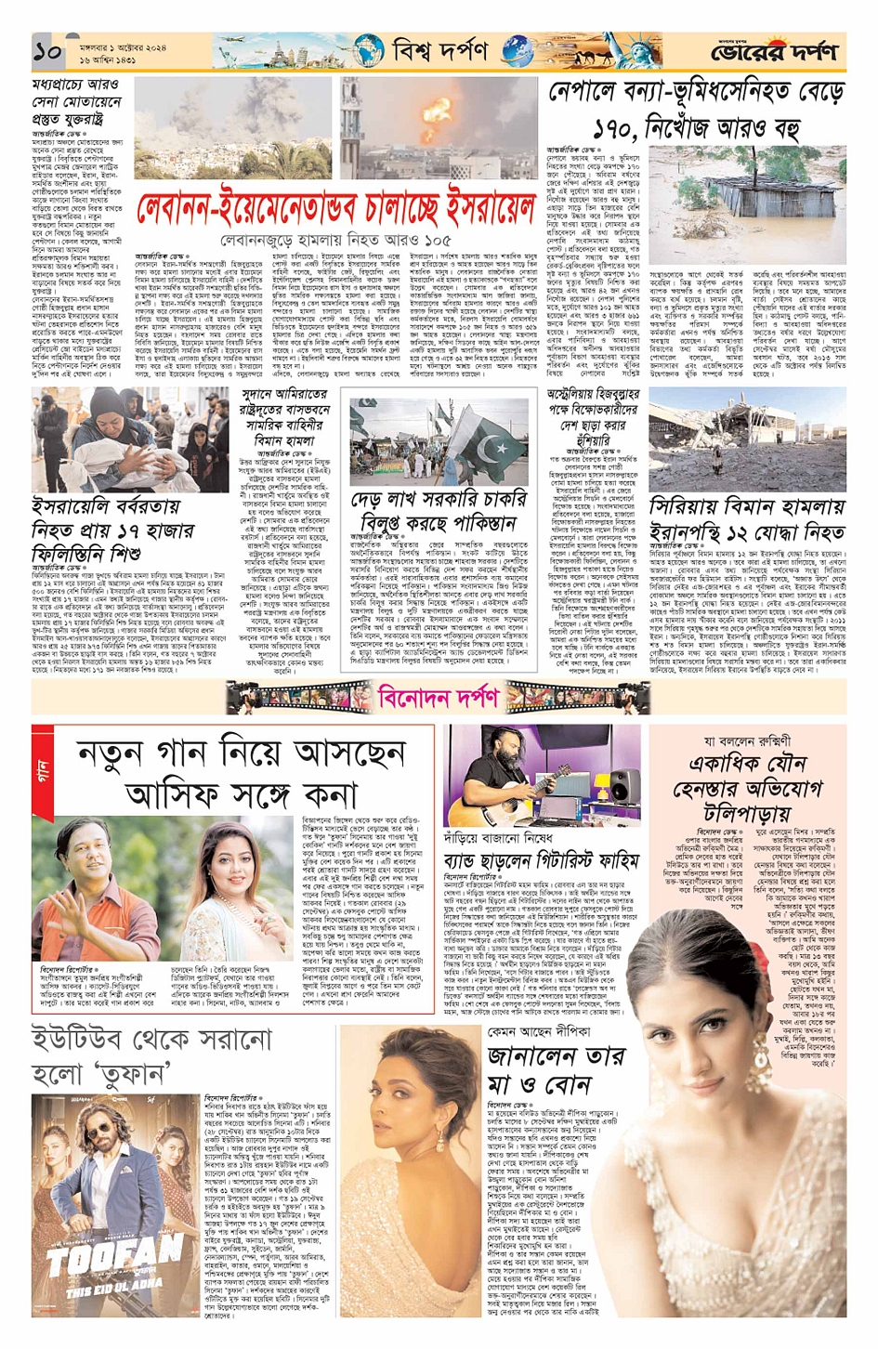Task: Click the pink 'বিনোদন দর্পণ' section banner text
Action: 439,696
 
